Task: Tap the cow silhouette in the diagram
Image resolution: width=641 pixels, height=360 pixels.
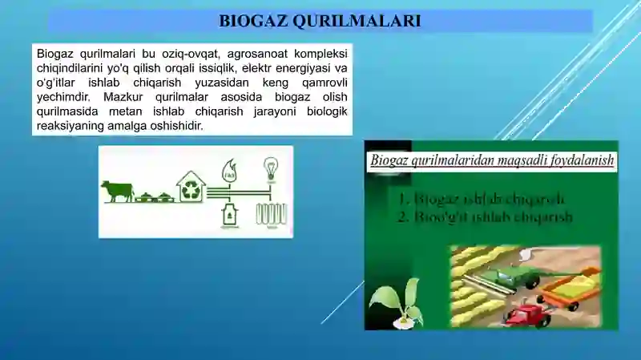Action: [x=117, y=191]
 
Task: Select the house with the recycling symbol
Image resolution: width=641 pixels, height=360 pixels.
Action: [x=191, y=187]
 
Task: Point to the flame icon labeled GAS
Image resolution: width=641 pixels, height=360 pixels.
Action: [x=229, y=170]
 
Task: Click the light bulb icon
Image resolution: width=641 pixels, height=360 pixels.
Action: [x=271, y=169]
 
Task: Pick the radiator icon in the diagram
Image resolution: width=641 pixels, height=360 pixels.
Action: [x=271, y=213]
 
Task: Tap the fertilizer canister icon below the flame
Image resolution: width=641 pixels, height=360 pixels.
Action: [x=229, y=214]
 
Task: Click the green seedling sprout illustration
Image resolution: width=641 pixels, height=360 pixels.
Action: [x=397, y=303]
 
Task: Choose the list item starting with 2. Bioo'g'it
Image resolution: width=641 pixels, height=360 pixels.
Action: [x=486, y=216]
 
